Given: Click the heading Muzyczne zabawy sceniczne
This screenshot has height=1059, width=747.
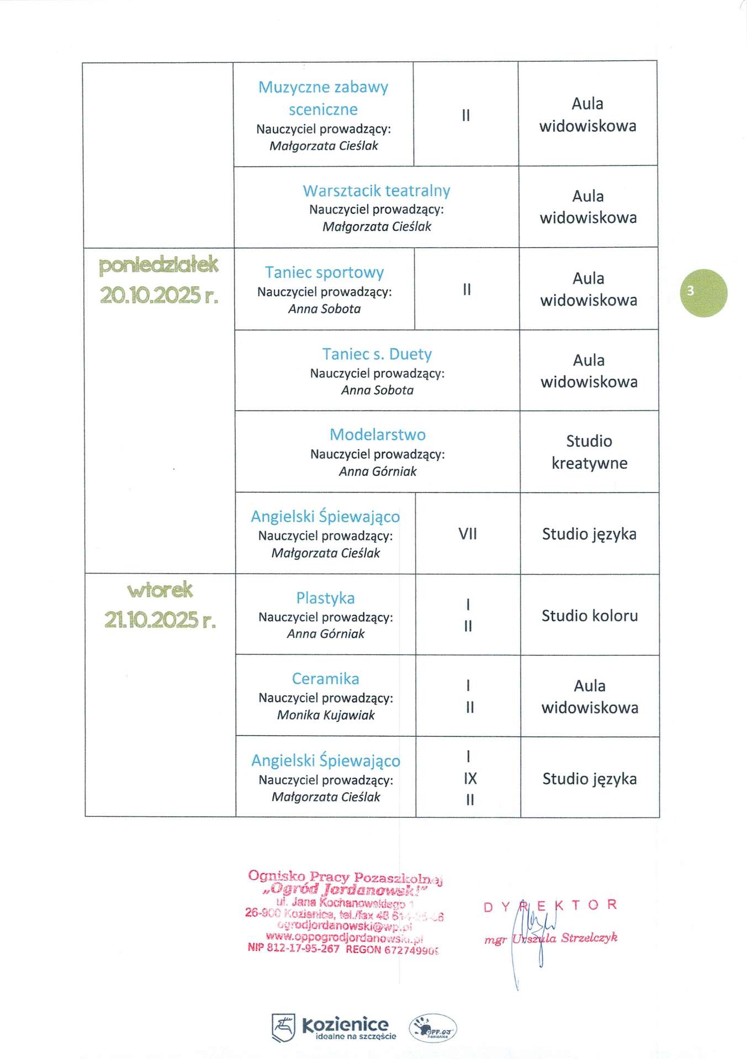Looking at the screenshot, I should pyautogui.click(x=323, y=98).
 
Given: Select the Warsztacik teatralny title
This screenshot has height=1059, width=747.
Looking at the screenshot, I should pyautogui.click(x=377, y=191).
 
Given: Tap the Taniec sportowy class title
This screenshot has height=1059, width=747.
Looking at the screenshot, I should pyautogui.click(x=324, y=272).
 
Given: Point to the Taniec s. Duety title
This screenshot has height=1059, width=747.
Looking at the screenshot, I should pyautogui.click(x=377, y=354).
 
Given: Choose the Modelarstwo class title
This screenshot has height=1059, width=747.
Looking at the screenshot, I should pyautogui.click(x=378, y=435).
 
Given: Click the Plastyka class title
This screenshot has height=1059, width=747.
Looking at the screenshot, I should pyautogui.click(x=325, y=598).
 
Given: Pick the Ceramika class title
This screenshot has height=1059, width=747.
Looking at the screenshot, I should pyautogui.click(x=325, y=678).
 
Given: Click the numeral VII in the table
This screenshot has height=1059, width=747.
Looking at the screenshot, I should pyautogui.click(x=468, y=534).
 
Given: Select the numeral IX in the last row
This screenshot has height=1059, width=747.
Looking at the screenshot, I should pyautogui.click(x=470, y=778).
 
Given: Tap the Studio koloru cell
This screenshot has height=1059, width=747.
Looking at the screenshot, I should pyautogui.click(x=590, y=616).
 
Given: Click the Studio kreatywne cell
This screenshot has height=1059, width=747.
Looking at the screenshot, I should pyautogui.click(x=589, y=452).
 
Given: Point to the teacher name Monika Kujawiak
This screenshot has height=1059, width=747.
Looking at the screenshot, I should pyautogui.click(x=326, y=715).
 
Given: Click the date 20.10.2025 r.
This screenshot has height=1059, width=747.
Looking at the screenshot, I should pyautogui.click(x=159, y=296).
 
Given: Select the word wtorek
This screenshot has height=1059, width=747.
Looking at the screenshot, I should pyautogui.click(x=160, y=590).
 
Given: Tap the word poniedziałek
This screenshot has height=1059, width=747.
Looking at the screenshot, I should pyautogui.click(x=159, y=265).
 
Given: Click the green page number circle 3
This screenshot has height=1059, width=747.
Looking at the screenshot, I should pyautogui.click(x=703, y=293).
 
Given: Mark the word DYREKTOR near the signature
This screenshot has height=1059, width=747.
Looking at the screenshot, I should pyautogui.click(x=550, y=906).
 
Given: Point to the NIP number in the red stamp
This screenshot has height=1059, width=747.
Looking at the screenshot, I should pyautogui.click(x=294, y=948).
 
